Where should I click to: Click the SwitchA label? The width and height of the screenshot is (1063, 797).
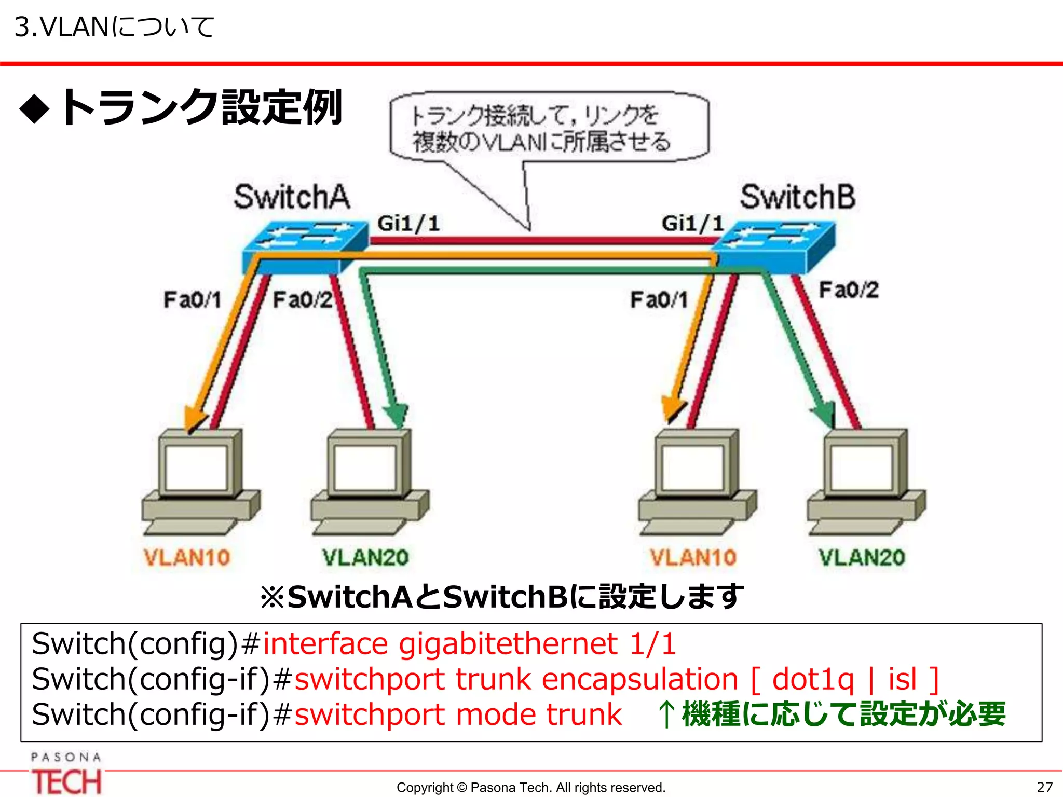[x=292, y=197]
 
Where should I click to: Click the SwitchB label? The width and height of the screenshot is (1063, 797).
[x=797, y=197]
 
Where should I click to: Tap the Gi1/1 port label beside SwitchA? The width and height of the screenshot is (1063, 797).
[x=408, y=224]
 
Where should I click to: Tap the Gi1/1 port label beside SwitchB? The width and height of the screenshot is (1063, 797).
[x=692, y=224]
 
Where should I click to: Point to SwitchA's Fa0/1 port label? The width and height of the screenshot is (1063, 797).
[x=193, y=299]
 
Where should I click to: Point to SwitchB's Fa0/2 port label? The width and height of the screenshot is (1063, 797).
[x=849, y=290]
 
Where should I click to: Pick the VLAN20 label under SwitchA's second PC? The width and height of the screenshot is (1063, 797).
[x=365, y=558]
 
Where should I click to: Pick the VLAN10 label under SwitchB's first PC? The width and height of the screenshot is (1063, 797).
[x=693, y=558]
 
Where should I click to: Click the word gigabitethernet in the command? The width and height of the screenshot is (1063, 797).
[x=508, y=644]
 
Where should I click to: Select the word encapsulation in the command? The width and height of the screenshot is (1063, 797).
[x=640, y=679]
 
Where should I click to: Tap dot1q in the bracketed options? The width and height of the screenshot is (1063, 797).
[x=813, y=679]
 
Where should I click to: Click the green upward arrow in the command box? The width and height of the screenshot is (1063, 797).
[x=666, y=714]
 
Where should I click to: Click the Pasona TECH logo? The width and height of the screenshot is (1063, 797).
[x=66, y=773]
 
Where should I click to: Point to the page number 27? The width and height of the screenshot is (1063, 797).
[x=1044, y=787]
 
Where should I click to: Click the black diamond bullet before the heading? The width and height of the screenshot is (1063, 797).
[x=35, y=109]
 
